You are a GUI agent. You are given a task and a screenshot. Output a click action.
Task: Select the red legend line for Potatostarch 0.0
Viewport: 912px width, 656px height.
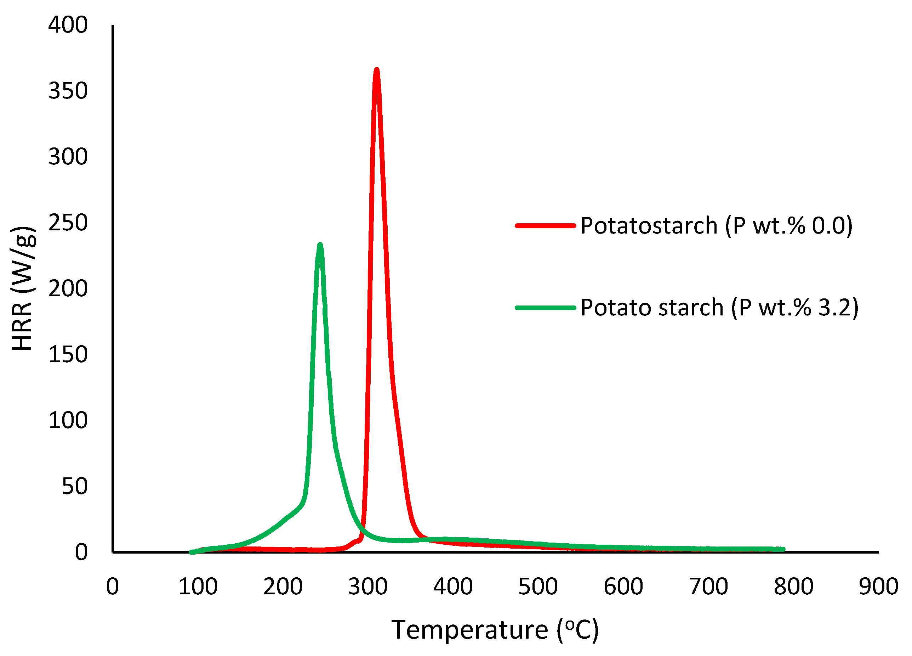(545, 226)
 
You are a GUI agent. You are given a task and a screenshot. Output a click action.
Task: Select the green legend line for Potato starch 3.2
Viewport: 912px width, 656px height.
(545, 308)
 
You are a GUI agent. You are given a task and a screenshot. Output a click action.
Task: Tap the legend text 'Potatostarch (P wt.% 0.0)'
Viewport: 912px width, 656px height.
(716, 225)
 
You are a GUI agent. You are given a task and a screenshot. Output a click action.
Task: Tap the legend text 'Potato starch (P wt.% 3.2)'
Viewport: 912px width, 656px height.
(719, 308)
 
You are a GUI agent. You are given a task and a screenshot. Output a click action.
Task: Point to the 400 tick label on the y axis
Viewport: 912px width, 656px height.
(68, 25)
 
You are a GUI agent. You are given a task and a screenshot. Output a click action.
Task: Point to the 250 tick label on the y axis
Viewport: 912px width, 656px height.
(68, 223)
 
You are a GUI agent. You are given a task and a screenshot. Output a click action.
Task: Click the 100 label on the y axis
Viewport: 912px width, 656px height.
(68, 420)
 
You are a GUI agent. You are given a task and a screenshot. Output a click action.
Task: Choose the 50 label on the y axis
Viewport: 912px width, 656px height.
(74, 486)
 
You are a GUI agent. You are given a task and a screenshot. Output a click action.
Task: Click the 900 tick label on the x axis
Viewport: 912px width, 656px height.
(879, 587)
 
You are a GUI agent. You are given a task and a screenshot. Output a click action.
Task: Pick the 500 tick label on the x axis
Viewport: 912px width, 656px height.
(538, 587)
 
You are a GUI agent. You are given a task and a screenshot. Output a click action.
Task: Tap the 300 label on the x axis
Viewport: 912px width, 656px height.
(368, 587)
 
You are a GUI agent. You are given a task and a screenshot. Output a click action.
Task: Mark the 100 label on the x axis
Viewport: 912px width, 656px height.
(198, 587)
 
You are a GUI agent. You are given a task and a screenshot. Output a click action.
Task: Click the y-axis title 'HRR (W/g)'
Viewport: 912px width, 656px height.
(23, 288)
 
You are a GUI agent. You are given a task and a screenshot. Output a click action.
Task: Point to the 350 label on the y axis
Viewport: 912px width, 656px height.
(68, 91)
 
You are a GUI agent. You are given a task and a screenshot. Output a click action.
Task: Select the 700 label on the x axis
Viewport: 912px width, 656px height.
(708, 587)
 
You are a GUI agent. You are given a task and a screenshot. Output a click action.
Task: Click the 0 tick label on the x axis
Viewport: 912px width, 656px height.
(113, 587)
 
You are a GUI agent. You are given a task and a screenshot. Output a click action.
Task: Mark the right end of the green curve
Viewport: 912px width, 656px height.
(783, 549)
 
